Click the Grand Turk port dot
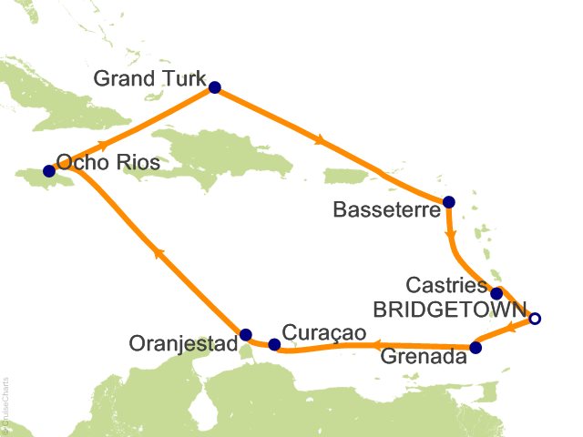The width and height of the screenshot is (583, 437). [215, 87]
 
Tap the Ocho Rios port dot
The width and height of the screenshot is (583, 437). [48, 170]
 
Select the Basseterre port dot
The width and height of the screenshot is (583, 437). [447, 202]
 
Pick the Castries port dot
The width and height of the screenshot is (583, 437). [496, 293]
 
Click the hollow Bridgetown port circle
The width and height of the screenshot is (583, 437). [535, 319]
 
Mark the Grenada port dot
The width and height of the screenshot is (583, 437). [475, 347]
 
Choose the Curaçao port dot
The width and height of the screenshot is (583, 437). [274, 344]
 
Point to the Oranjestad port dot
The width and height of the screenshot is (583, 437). [245, 333]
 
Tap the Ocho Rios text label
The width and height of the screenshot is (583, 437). [108, 163]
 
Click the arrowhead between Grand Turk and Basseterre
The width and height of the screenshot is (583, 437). [320, 141]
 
